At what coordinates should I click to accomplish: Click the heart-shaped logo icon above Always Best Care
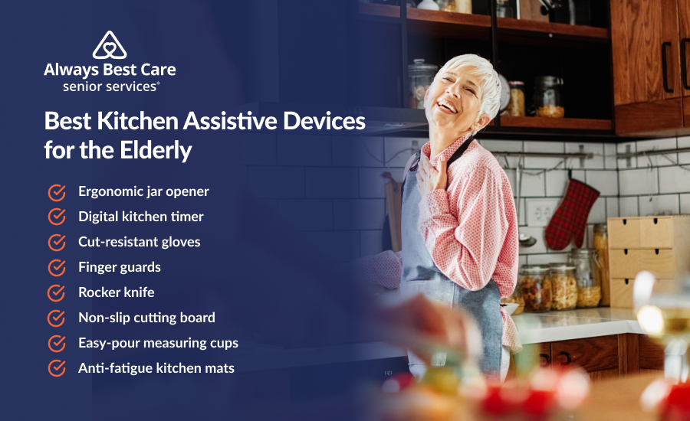pos(110,45)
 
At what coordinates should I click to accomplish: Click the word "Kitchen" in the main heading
pos(137,121)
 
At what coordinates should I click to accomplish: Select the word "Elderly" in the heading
pos(156,151)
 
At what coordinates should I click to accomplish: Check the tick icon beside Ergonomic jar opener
pos(57,192)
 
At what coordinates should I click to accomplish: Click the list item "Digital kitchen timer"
pos(141,217)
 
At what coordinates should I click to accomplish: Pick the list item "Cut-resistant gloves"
pos(139,242)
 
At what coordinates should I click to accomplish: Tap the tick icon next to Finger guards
pos(57,268)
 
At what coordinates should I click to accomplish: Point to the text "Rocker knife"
pos(117,292)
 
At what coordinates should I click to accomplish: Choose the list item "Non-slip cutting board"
pos(146,318)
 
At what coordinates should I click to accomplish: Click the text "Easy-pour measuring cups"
pos(158,343)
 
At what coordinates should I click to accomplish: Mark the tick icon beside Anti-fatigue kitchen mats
pos(57,368)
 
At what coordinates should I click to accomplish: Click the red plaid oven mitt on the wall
pos(570,214)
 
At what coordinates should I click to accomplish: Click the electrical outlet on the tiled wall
pos(541,213)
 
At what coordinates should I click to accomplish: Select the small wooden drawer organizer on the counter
pos(641,261)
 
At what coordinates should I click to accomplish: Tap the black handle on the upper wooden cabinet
pos(667,67)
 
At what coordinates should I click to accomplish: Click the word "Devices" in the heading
pos(324,121)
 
